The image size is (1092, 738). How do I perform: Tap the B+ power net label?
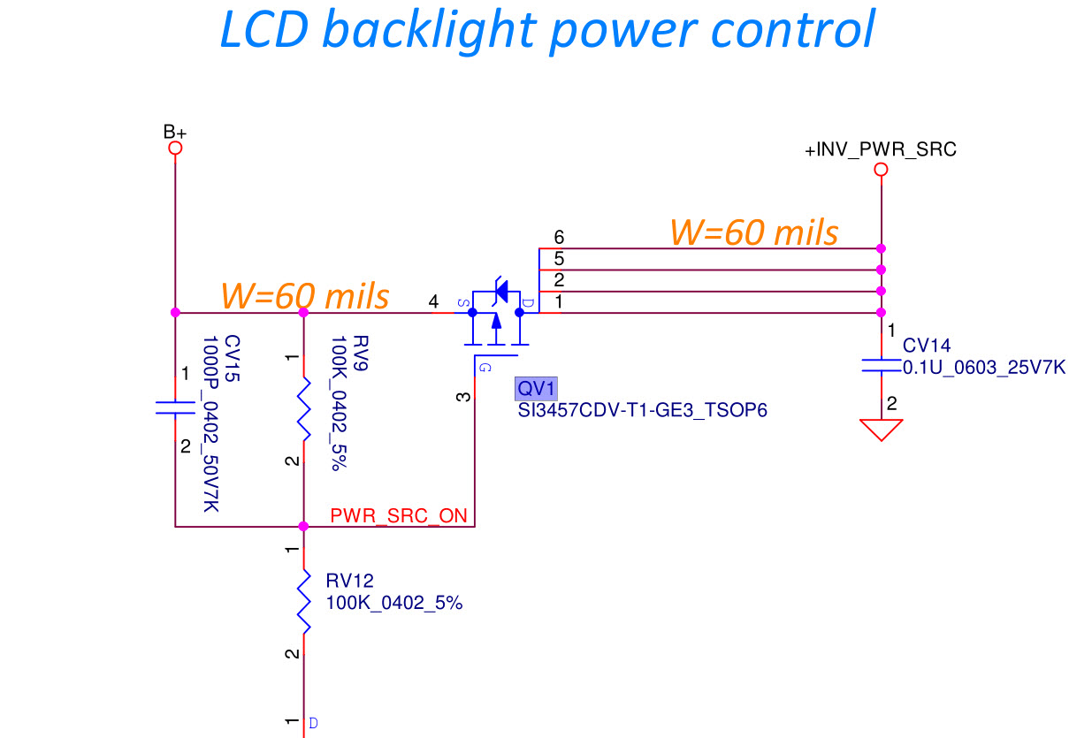point(175,132)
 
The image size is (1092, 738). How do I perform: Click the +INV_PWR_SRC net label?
point(880,150)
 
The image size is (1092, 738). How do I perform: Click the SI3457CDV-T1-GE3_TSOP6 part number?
point(642,411)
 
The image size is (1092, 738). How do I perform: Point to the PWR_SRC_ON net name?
point(399,516)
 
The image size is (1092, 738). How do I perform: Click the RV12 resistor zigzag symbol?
point(304,601)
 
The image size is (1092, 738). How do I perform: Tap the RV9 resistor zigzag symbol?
point(304,409)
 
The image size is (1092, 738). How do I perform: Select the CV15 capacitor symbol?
point(175,407)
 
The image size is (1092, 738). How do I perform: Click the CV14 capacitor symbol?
point(881,365)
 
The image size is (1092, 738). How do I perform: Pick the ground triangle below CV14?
point(881,430)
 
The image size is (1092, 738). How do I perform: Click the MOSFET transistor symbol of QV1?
point(497,316)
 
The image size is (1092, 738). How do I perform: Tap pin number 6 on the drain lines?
point(558,237)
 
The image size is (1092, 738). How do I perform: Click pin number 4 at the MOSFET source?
point(433,302)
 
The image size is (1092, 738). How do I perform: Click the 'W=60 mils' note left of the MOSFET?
point(304,295)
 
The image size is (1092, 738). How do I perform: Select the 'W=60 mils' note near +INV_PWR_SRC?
point(753,232)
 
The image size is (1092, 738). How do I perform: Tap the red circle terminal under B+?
point(175,148)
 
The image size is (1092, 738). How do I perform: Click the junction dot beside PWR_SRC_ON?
point(304,527)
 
